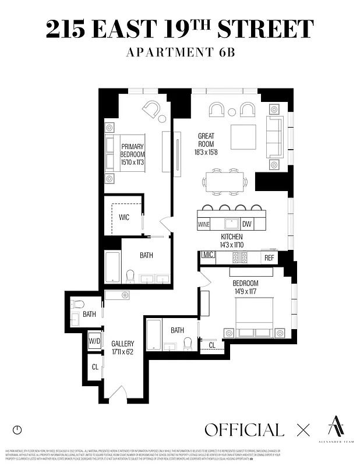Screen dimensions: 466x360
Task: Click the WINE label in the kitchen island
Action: coord(204,224)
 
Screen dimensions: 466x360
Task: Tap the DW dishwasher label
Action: coord(246,224)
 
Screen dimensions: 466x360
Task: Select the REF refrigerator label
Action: coord(269,257)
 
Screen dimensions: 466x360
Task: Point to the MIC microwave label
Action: coord(207,255)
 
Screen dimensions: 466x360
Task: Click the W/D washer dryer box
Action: coord(94,341)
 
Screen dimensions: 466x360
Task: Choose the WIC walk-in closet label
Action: coord(123,217)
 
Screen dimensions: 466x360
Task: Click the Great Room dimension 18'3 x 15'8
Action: coord(206,153)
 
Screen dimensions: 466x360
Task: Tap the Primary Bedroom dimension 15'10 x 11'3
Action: coord(132,163)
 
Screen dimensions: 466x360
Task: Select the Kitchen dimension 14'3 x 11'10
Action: coord(231,245)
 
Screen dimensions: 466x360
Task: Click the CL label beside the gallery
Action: coord(94,367)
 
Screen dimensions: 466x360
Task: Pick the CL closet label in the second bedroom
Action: coord(211,345)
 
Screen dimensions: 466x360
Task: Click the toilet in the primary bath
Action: coord(130,276)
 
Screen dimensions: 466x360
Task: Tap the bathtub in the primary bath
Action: coord(113,267)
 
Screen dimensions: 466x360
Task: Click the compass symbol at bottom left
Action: coord(17,430)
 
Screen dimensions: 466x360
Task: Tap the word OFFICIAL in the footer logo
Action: coord(244,430)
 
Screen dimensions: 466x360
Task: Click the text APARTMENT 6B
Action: coord(179,52)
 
